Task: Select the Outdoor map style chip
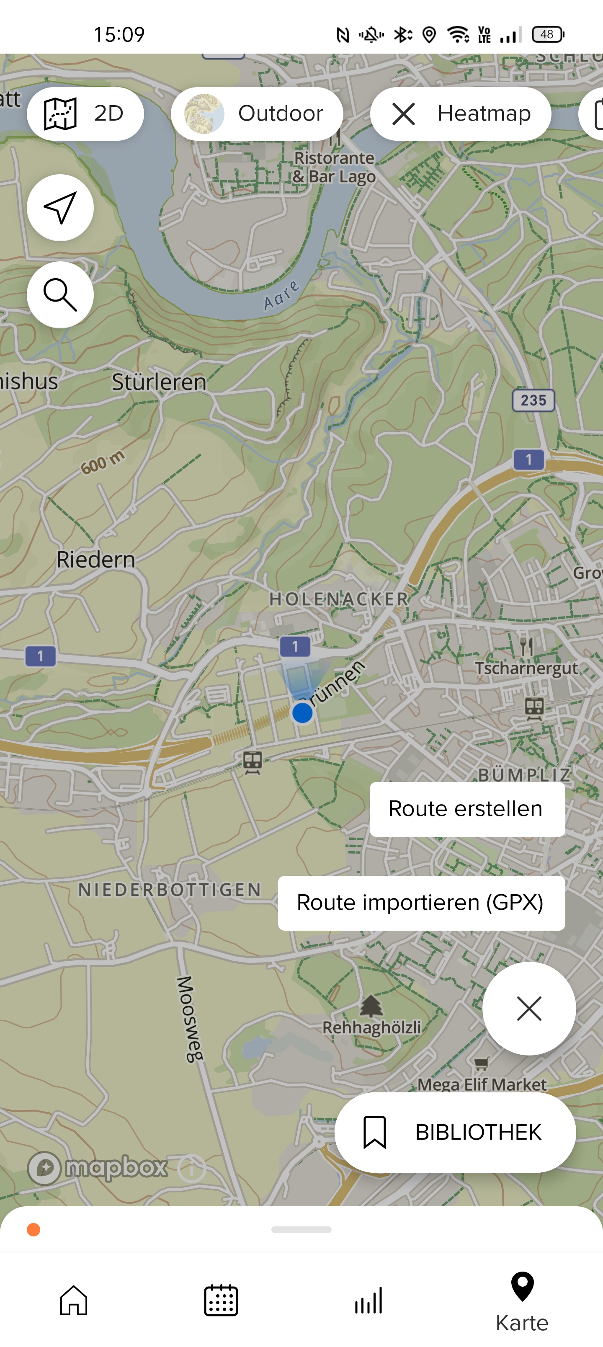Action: click(257, 114)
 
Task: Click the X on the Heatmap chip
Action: click(403, 114)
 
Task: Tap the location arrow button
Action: click(60, 208)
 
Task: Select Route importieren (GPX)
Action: click(421, 903)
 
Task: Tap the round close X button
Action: click(529, 1008)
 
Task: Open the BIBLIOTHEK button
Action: click(455, 1132)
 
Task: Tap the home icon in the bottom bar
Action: click(74, 1300)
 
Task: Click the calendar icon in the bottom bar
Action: click(221, 1300)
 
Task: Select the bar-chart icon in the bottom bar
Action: click(368, 1300)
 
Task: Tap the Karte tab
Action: click(522, 1302)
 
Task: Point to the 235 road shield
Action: click(533, 400)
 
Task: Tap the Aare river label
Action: click(281, 295)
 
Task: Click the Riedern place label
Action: click(96, 560)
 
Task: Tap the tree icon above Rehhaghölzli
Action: click(371, 1005)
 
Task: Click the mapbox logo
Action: click(98, 1168)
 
